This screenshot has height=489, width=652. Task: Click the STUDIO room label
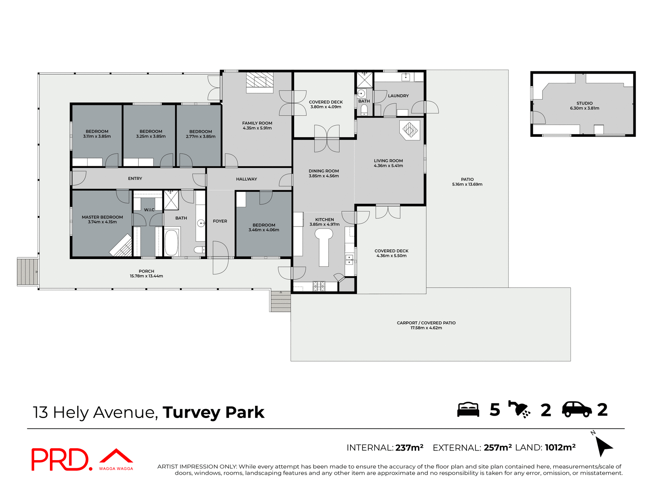click(584, 103)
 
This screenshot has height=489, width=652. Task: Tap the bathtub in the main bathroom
click(171, 242)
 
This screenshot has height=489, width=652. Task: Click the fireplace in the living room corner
click(410, 130)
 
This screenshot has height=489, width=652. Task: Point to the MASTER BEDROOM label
click(102, 217)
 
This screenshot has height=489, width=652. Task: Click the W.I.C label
click(149, 210)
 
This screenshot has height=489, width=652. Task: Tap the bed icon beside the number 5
click(468, 410)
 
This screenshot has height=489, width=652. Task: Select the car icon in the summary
click(577, 410)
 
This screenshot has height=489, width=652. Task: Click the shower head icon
click(519, 409)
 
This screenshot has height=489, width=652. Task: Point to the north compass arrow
click(603, 446)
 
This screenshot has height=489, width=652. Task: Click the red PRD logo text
click(60, 459)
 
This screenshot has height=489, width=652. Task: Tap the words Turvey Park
click(213, 413)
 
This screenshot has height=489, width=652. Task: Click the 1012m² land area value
click(560, 448)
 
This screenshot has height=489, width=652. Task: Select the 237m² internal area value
click(409, 448)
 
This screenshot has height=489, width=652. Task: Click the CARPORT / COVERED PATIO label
click(426, 323)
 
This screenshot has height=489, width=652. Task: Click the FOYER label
click(220, 221)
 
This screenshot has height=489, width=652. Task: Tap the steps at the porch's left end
click(28, 272)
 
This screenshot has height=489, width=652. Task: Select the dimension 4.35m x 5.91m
click(257, 128)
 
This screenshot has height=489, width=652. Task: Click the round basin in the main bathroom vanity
click(201, 223)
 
